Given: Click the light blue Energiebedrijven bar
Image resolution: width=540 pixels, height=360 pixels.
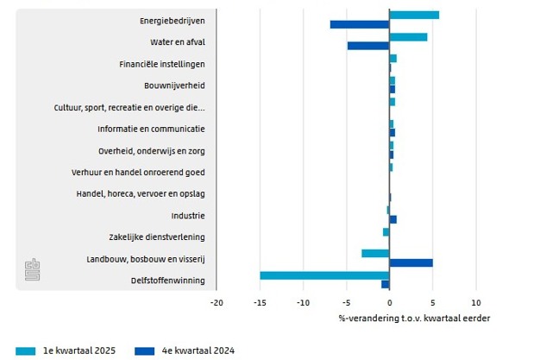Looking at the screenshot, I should click(x=414, y=15).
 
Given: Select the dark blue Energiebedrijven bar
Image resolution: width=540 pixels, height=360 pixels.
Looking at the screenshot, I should click(x=360, y=24).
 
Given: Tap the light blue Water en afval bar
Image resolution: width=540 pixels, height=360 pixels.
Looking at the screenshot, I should click(x=408, y=37).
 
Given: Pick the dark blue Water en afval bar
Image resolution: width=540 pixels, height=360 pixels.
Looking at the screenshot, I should click(x=368, y=46).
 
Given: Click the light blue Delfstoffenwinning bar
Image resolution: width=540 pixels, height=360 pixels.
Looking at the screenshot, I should click(x=324, y=275).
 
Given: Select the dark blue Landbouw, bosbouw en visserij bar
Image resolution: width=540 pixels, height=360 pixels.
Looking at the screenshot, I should click(x=411, y=262).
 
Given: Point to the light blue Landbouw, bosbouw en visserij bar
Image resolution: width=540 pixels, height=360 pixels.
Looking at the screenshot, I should click(x=375, y=253).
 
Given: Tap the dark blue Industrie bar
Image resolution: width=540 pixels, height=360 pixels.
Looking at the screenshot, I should click(x=392, y=219).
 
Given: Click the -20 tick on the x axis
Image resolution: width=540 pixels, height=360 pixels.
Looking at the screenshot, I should click(x=217, y=302).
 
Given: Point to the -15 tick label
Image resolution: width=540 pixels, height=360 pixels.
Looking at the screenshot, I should click(x=260, y=302).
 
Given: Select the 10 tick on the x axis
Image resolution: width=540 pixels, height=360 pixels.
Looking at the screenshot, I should click(x=475, y=302).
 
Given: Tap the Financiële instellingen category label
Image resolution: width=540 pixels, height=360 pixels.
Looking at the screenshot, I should click(x=162, y=64).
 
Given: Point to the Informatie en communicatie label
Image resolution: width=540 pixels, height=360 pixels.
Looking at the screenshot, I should click(x=151, y=129).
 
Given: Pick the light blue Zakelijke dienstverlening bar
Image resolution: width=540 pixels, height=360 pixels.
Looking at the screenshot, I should click(x=386, y=231).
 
